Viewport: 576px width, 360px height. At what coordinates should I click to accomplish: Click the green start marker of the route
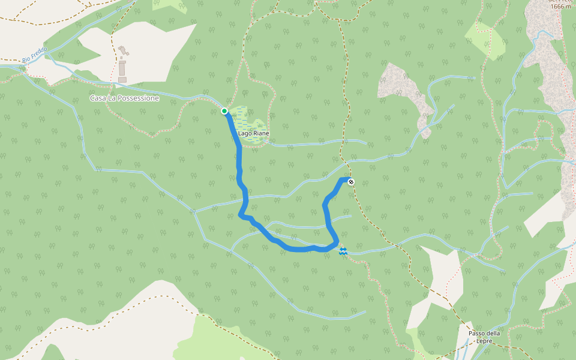[224, 111]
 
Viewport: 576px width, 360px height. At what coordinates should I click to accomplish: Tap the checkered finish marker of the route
[350, 182]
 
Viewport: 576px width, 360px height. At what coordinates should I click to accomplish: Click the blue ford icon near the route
[343, 251]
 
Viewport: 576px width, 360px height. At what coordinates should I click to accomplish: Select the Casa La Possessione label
[124, 98]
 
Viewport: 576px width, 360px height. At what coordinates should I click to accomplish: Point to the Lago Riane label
[253, 133]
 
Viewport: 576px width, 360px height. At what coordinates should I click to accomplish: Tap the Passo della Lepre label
[484, 337]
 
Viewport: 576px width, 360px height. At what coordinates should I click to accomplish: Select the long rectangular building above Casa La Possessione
[122, 67]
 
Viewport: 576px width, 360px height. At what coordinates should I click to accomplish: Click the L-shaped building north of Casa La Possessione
[124, 51]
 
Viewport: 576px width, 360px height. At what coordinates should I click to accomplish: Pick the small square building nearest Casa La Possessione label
[122, 79]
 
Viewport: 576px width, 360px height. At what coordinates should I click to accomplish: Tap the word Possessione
[139, 98]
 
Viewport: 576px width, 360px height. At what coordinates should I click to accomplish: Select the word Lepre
[484, 341]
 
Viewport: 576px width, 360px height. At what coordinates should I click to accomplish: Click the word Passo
[476, 334]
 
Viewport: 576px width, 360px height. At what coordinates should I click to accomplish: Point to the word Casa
[97, 98]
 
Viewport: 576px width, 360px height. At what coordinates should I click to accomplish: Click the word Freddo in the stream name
[38, 54]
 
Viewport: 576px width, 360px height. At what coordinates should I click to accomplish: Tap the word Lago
[245, 133]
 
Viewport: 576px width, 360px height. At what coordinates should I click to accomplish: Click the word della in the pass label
[493, 334]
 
